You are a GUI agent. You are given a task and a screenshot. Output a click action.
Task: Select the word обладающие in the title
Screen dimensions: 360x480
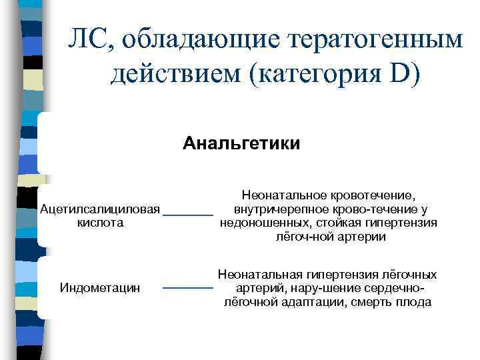[x=185, y=41]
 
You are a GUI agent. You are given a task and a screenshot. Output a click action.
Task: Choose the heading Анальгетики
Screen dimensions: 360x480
[x=241, y=143]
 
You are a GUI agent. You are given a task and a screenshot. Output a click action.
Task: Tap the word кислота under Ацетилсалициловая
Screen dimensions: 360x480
[x=101, y=223]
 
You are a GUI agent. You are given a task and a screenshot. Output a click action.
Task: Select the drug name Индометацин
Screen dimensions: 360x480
[x=100, y=288]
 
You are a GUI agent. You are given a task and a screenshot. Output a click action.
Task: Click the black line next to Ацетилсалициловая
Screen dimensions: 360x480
[x=188, y=214]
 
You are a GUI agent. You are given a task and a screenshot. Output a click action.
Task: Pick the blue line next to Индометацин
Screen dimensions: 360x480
[x=188, y=288]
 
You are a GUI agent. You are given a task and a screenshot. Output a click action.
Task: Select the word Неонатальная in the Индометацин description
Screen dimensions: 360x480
[x=261, y=274]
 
